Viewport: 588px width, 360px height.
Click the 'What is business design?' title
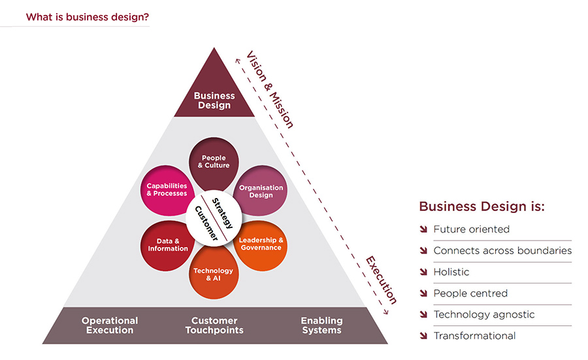(x=87, y=17)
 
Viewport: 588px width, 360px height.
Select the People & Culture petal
(x=215, y=161)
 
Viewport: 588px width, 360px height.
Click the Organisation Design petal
(x=261, y=191)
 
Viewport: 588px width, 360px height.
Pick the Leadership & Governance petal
(x=261, y=244)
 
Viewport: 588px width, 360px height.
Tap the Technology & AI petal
(x=213, y=274)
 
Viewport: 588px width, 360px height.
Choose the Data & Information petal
(x=167, y=244)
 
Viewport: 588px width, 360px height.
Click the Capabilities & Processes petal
(x=167, y=189)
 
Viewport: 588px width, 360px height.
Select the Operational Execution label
(x=110, y=325)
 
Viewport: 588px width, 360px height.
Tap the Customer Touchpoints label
(x=214, y=325)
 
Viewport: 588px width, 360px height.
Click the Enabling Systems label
(x=321, y=325)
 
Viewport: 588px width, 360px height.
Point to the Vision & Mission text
(x=269, y=89)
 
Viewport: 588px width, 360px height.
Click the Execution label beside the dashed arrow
(x=381, y=280)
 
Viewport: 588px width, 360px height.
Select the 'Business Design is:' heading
(x=482, y=206)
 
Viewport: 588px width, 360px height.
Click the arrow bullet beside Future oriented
(x=424, y=229)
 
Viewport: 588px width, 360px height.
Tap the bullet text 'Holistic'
(x=451, y=272)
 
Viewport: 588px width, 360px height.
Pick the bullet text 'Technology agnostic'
(x=483, y=314)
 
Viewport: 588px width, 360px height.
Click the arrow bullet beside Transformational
(x=424, y=336)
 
